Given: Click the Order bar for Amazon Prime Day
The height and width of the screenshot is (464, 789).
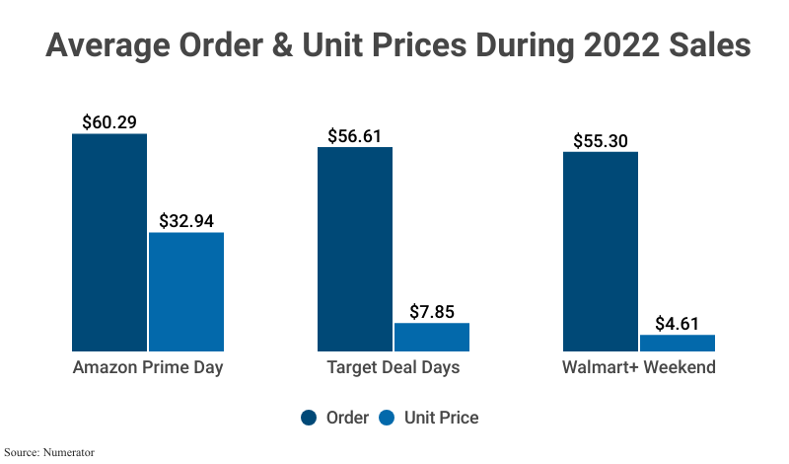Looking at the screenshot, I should click(109, 242).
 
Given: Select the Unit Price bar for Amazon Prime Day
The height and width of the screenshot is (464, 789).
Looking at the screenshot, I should click(186, 291).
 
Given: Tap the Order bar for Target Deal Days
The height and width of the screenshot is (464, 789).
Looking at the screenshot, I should click(354, 249).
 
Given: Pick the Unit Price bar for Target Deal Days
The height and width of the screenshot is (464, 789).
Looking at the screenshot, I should click(432, 337).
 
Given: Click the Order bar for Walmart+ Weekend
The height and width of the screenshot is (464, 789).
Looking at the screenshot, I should click(600, 251).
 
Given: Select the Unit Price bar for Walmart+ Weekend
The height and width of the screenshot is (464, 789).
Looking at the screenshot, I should click(678, 343).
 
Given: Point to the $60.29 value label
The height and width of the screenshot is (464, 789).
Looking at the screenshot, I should click(108, 122).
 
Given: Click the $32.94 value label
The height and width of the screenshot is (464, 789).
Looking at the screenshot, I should click(186, 221).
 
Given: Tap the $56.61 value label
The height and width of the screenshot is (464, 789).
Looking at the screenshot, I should click(354, 136).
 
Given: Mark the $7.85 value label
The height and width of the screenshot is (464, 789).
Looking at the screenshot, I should click(432, 312).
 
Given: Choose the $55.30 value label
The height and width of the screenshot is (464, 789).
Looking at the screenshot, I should click(600, 140).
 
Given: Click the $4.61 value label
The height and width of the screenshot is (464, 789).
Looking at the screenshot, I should click(678, 324).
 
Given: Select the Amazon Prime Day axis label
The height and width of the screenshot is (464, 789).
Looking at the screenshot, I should click(148, 368).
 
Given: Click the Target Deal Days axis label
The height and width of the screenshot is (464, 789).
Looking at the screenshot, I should click(394, 368).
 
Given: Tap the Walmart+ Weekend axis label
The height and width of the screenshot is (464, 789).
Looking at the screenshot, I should click(638, 368).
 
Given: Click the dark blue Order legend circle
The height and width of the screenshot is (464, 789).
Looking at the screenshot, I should click(309, 418).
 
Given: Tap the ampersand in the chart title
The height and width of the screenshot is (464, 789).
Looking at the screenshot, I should click(285, 46).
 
